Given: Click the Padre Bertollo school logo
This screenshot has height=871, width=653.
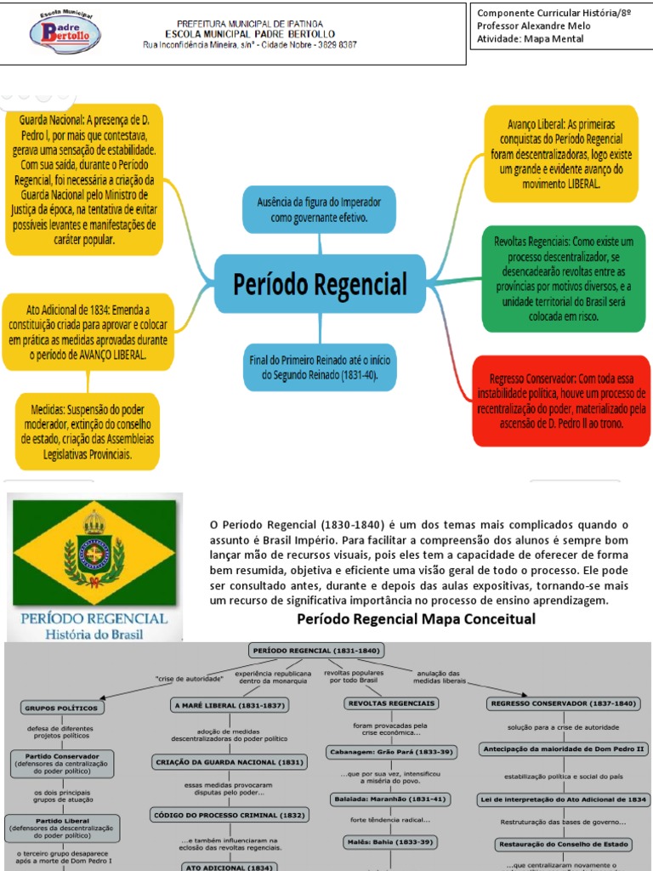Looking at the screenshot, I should tap(65, 33).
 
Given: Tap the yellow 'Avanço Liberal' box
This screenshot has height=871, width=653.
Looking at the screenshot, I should tap(560, 153).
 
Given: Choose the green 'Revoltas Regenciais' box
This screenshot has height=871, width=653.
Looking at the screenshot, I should tap(562, 278).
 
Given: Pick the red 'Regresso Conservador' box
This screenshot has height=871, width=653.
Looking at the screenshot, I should tap(561, 400).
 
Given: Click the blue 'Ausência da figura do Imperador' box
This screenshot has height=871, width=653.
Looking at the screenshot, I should tap(319, 209).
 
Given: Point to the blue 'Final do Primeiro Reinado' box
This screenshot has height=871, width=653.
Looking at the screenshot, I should tap(319, 367).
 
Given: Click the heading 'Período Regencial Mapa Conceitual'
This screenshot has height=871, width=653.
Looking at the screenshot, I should tap(416, 618).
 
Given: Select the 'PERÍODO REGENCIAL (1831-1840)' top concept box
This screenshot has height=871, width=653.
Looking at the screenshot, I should tap(317, 651).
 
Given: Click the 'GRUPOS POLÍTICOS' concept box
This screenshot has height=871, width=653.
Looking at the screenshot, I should tap(61, 707).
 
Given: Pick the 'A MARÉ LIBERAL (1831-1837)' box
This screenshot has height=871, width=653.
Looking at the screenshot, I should tap(230, 705).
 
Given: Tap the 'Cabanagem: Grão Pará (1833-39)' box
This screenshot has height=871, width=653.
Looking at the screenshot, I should tap(391, 752).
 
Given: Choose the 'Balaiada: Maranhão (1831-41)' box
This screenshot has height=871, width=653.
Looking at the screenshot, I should tap(391, 799).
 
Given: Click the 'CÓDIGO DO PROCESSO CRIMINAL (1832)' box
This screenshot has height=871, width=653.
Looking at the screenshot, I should tap(229, 815).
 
